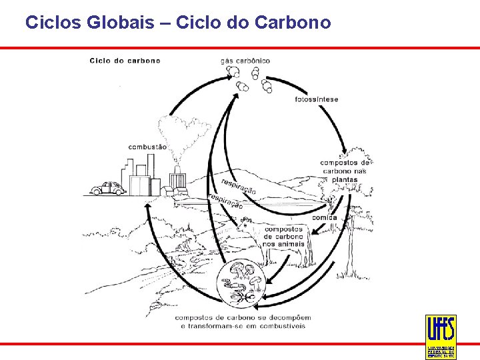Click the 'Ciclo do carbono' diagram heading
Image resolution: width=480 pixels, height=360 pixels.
[x=125, y=61]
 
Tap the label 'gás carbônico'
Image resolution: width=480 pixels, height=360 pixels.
[x=245, y=61]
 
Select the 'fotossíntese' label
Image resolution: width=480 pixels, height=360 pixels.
[x=316, y=99]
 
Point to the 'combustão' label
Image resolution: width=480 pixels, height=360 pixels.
[x=147, y=147]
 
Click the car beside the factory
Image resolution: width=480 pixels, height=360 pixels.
[x=107, y=189]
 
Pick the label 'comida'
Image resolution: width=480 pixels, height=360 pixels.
[x=325, y=217]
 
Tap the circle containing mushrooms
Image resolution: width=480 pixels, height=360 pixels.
[x=241, y=283]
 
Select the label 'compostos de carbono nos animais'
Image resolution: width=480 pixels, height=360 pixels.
[x=283, y=236]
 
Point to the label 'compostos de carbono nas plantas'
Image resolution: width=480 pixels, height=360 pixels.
[x=345, y=171]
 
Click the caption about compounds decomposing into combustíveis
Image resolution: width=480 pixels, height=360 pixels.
[x=243, y=321]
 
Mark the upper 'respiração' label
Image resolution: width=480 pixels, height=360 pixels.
[x=238, y=185]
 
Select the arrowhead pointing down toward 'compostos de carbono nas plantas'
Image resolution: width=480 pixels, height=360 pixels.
[x=343, y=152]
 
